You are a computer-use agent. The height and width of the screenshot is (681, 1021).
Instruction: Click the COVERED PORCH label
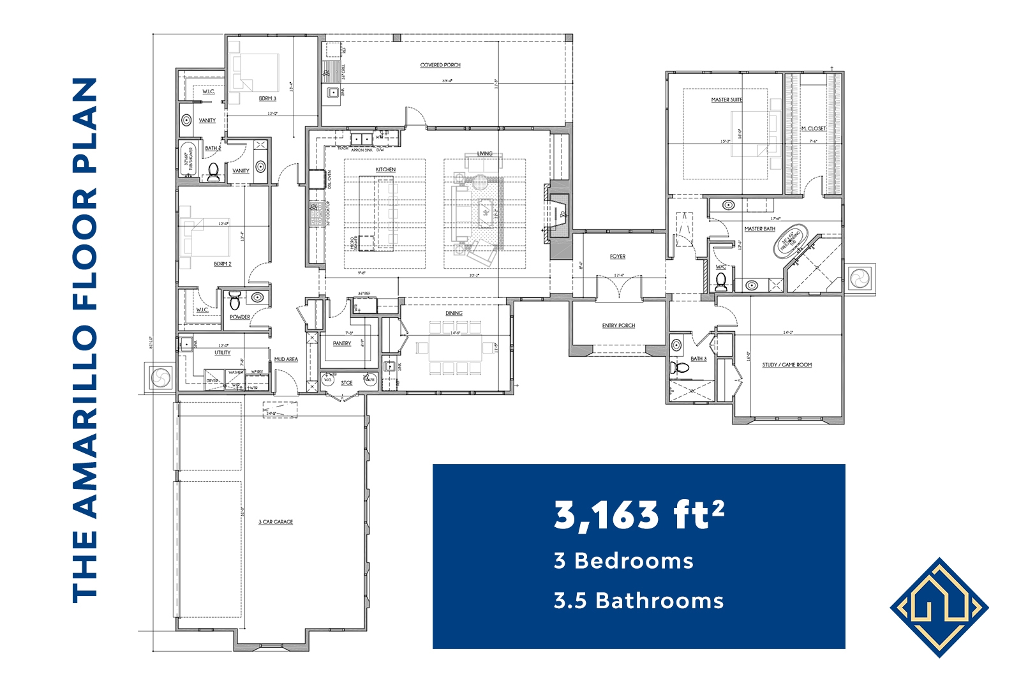click(440, 65)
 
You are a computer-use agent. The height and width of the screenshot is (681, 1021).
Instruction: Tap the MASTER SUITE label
click(726, 100)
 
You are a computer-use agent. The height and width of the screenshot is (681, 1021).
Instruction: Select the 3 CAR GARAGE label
click(276, 522)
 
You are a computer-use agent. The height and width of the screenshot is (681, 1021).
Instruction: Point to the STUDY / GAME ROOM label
click(787, 365)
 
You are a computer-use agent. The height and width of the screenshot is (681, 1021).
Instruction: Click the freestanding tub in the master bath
click(790, 241)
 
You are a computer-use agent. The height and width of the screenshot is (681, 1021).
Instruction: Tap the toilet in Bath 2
click(213, 171)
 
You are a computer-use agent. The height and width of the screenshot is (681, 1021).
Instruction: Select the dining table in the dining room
click(456, 348)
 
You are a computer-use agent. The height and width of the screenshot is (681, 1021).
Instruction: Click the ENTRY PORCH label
click(618, 326)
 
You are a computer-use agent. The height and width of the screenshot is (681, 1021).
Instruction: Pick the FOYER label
click(617, 257)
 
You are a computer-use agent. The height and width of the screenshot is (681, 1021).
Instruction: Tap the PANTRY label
click(342, 343)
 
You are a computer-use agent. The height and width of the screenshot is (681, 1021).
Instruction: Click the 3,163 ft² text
click(639, 514)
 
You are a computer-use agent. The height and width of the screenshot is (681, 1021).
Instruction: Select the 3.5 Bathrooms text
click(639, 601)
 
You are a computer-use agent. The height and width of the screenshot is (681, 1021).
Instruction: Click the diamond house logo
click(939, 608)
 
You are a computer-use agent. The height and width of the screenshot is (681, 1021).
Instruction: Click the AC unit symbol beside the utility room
click(161, 377)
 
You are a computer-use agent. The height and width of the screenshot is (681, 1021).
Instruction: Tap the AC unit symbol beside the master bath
click(860, 278)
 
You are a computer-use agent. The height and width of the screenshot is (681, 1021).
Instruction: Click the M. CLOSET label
click(813, 129)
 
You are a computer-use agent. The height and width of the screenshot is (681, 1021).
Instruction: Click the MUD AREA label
click(286, 359)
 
